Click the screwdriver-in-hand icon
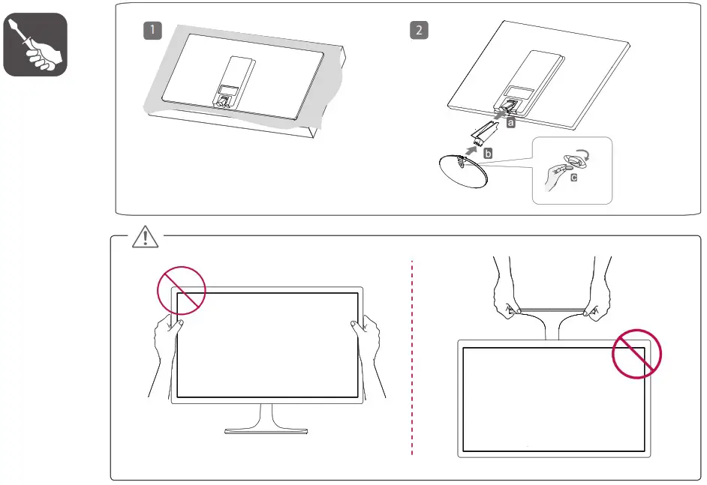click(35, 44)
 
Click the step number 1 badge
click(152, 31)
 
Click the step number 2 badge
click(419, 31)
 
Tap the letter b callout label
click(488, 153)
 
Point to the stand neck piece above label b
click(480, 133)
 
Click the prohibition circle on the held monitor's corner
click(181, 290)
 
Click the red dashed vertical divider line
click(413, 360)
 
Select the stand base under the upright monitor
click(266, 430)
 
